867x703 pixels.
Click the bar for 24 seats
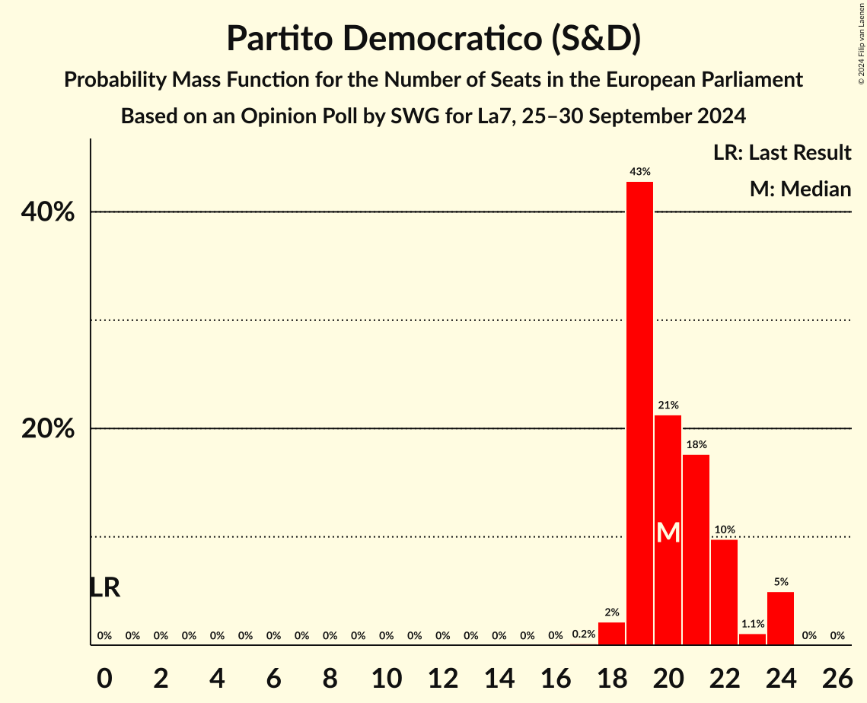coord(780,618)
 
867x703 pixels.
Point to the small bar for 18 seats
coord(611,634)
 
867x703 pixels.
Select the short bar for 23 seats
coord(752,639)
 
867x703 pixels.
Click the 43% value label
coord(639,172)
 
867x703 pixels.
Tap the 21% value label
coord(668,406)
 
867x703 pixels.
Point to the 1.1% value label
coord(752,624)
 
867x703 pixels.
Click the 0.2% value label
coord(583,635)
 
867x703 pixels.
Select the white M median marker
coord(668,532)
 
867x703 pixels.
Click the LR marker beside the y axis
coord(104,587)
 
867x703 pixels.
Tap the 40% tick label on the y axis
coord(48,212)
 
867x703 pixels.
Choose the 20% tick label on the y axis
coord(48,429)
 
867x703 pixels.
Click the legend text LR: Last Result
coord(782,153)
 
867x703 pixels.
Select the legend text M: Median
coord(800,189)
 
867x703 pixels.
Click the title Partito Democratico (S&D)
coord(433,39)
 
